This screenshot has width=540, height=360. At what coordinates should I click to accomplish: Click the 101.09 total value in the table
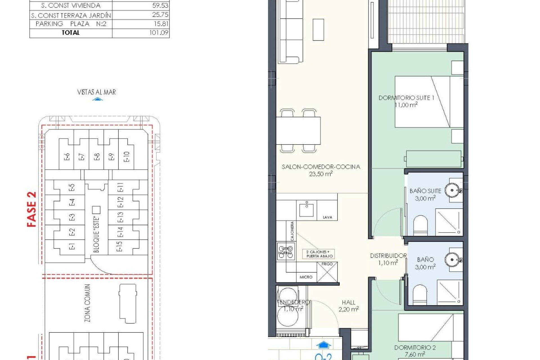[x=159, y=33]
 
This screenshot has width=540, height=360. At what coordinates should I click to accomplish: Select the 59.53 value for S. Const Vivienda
[x=160, y=5]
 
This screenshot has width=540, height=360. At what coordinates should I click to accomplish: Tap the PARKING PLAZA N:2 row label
[x=71, y=24]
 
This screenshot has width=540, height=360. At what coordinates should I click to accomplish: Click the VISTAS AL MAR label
[x=96, y=92]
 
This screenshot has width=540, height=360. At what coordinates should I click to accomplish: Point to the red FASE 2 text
[x=32, y=209]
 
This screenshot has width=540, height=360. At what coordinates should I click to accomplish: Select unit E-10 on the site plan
[x=126, y=157]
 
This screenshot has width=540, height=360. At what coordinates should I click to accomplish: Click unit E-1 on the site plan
[x=72, y=247]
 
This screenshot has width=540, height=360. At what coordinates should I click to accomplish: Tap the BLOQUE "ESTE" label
[x=96, y=234]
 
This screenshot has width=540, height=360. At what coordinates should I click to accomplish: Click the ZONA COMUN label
[x=87, y=303]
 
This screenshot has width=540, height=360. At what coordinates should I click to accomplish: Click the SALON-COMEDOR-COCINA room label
[x=321, y=167]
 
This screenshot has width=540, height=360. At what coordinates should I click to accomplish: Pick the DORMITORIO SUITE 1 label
[x=406, y=98]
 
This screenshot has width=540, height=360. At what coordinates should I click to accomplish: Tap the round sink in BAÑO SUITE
[x=452, y=190]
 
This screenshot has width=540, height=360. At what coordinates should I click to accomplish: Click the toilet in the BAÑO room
[x=420, y=294]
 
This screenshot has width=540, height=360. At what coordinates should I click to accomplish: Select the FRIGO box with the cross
[x=327, y=272]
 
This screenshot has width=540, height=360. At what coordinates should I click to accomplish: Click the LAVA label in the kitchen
[x=327, y=217]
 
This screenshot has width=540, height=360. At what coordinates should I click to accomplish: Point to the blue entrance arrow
[x=323, y=345]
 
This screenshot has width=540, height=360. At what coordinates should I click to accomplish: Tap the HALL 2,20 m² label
[x=348, y=306]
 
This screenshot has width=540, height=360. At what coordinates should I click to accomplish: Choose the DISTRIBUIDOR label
[x=388, y=256]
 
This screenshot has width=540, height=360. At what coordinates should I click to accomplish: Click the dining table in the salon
[x=298, y=131]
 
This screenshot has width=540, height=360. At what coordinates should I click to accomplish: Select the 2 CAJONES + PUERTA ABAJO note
[x=319, y=254]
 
